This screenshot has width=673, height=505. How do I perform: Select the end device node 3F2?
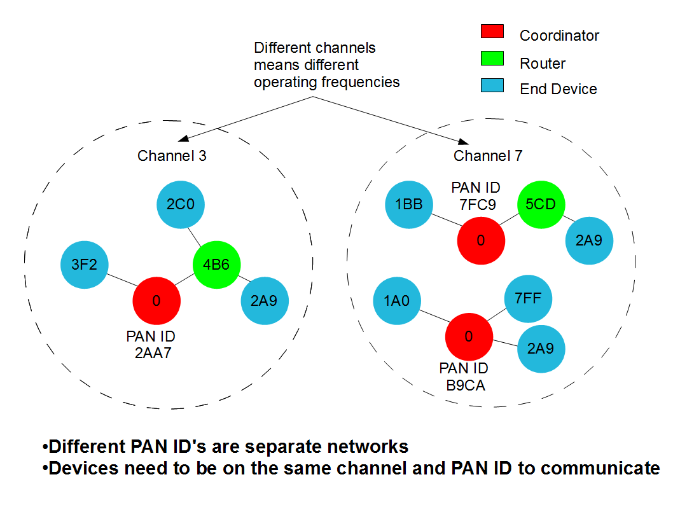(x=84, y=265)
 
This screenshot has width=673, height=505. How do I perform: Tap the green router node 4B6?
(x=216, y=265)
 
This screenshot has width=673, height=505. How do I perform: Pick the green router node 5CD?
(x=541, y=205)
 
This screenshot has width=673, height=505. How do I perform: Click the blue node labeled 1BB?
(x=409, y=205)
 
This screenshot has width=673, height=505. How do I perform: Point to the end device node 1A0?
(x=396, y=300)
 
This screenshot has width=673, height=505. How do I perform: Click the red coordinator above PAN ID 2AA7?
(x=156, y=300)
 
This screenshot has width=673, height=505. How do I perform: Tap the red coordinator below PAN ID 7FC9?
(x=481, y=241)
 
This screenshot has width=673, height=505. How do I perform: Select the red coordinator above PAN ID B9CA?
(x=469, y=336)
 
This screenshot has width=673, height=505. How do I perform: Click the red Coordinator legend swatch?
(x=492, y=31)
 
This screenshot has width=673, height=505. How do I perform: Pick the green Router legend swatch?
(x=492, y=59)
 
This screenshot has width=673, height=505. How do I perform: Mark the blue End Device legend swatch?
(x=492, y=85)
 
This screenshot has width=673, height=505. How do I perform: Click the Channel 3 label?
(x=172, y=156)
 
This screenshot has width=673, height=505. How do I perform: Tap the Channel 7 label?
(x=488, y=156)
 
